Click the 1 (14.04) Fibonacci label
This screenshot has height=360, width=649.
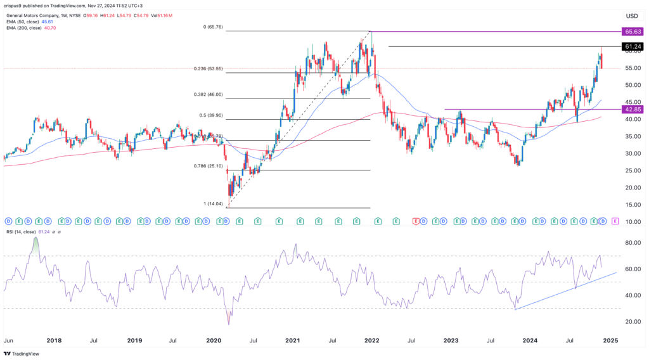pyautogui.click(x=217, y=203)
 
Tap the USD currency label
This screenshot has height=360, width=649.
pyautogui.click(x=631, y=16)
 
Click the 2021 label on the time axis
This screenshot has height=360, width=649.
pyautogui.click(x=292, y=340)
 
